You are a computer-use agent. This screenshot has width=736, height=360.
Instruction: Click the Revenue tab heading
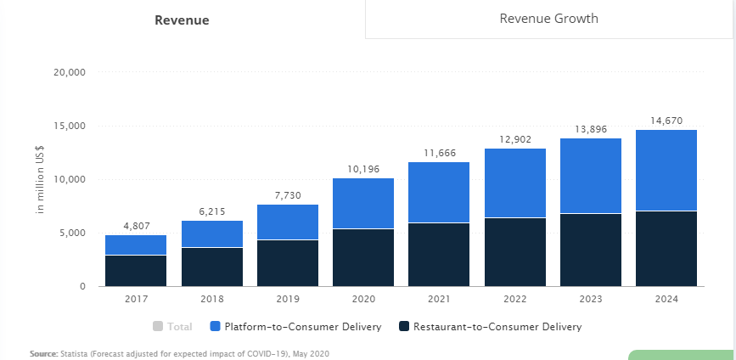[182, 20]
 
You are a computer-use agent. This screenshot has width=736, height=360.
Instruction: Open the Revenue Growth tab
[548, 19]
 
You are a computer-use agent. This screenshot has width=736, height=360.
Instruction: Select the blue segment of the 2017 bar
[136, 245]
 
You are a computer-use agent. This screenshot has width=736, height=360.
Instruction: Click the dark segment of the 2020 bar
[363, 257]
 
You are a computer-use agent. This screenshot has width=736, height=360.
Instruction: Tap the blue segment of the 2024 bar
[666, 170]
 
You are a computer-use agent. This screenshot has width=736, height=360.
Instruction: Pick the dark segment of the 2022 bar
[515, 252]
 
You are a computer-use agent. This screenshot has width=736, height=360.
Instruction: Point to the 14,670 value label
[666, 121]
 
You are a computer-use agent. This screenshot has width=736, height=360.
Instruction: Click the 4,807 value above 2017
[136, 227]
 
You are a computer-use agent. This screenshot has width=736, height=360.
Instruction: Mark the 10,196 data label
[363, 169]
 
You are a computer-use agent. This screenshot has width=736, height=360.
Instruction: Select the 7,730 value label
[288, 195]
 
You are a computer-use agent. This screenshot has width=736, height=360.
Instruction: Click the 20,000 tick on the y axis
[69, 73]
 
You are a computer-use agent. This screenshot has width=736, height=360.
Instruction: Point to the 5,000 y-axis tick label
[72, 233]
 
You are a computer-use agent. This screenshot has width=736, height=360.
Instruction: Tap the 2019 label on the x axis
[288, 300]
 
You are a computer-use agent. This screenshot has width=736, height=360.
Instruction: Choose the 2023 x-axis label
[591, 300]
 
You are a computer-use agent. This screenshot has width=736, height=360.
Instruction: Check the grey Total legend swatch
[158, 326]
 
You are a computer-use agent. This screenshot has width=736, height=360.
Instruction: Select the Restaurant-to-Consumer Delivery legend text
[497, 326]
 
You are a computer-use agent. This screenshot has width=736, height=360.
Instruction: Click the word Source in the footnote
[42, 352]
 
